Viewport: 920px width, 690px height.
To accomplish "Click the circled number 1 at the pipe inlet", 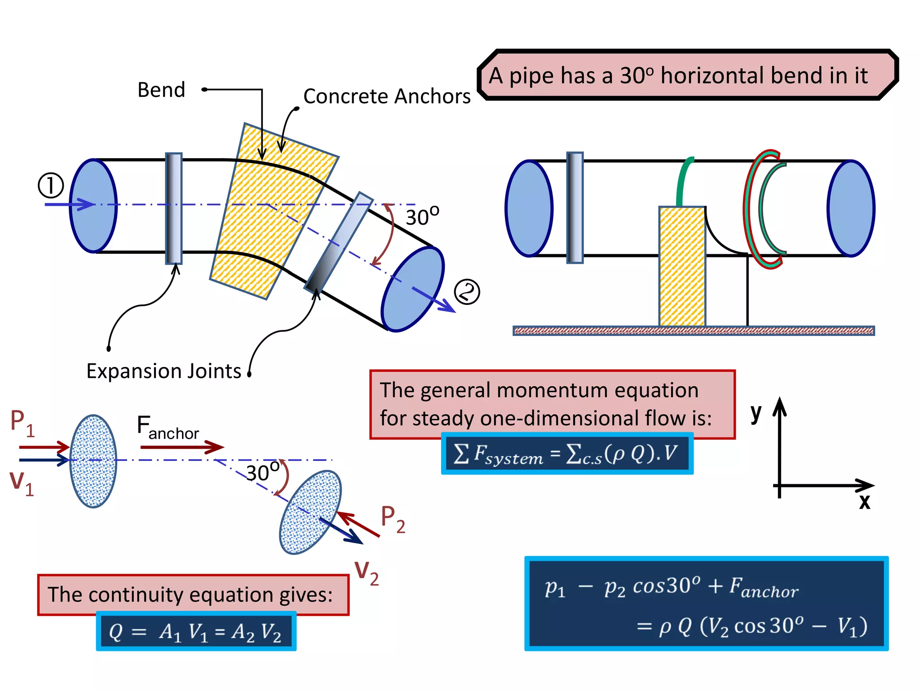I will point(51,186).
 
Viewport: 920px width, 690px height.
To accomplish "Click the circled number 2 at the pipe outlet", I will point(467,292).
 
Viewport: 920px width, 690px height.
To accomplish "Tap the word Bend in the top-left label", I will point(161,90).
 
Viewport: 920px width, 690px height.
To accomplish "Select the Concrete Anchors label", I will point(387,97).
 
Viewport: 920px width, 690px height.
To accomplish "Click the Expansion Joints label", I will point(164,372).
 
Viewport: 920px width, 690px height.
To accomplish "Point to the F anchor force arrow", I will point(182,447).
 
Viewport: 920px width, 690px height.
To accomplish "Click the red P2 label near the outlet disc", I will point(393,519).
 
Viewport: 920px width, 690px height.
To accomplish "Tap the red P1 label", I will point(22,423).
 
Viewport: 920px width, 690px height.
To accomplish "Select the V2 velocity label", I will point(367,573).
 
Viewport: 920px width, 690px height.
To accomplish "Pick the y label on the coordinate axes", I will point(756,412).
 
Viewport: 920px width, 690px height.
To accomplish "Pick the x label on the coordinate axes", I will point(864,501).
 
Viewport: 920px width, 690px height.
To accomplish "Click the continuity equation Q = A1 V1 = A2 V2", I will point(196,631).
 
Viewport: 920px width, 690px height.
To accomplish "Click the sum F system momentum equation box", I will point(567,454).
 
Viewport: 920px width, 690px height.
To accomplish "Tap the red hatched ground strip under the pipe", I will point(694,331).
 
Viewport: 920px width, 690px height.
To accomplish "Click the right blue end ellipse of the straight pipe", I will point(851,208).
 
